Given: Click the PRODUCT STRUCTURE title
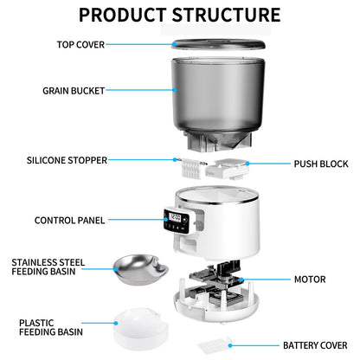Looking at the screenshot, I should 179,15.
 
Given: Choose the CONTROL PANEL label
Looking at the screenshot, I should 70,221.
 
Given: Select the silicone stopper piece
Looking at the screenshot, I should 192,163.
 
